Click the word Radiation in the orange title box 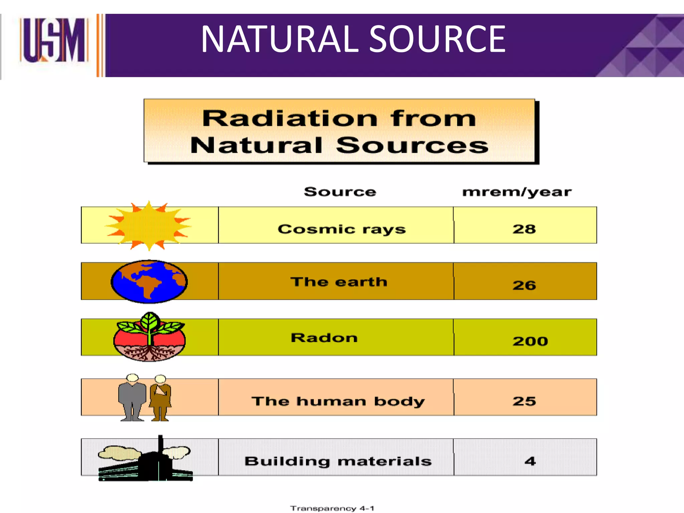click(289, 119)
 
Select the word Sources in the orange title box click(412, 146)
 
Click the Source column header click(340, 192)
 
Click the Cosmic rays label click(341, 229)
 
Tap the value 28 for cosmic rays click(524, 229)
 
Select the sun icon click(149, 225)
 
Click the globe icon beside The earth click(149, 282)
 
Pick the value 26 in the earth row click(524, 285)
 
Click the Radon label click(324, 338)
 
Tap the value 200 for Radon click(530, 341)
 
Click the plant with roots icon click(149, 337)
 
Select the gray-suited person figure click(132, 397)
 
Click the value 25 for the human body click(524, 401)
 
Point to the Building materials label click(338, 461)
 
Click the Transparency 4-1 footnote click(332, 508)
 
